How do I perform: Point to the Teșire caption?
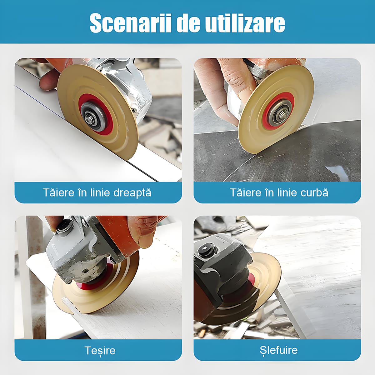click(100, 350)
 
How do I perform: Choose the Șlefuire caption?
click(278, 350)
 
